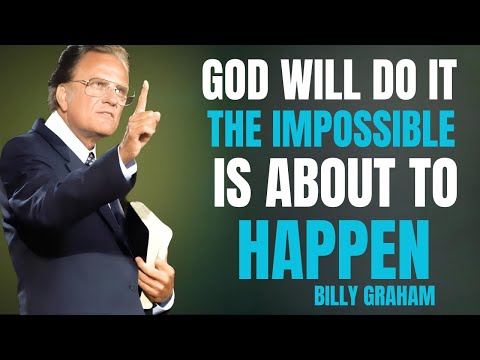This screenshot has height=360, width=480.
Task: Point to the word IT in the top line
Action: click(435, 81)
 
